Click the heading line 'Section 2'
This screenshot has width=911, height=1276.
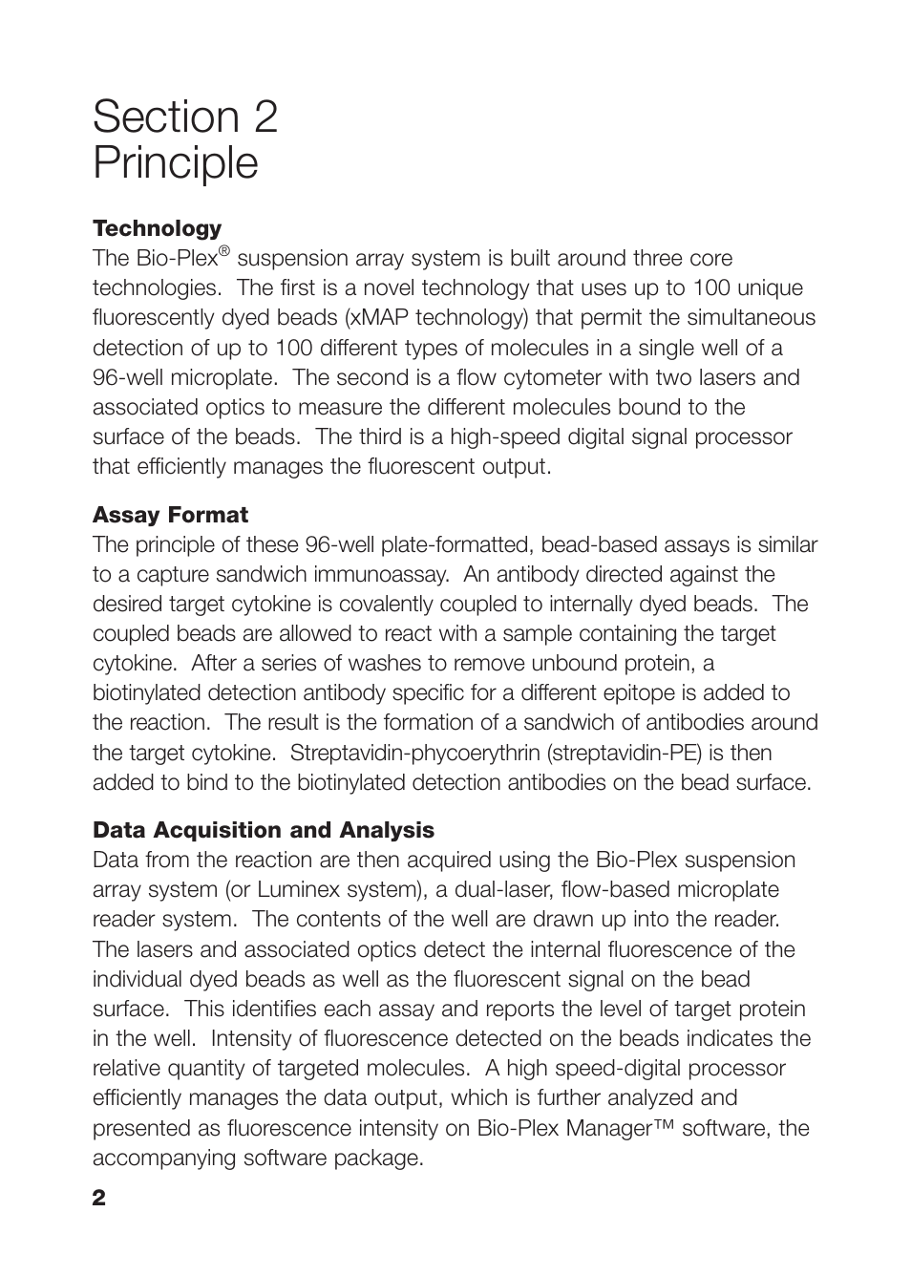(x=185, y=117)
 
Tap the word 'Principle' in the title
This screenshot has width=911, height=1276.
(x=176, y=162)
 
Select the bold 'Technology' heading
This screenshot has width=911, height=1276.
(x=157, y=228)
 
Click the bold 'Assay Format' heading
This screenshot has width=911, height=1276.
(x=170, y=515)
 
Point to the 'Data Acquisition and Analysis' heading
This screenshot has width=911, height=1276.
(x=263, y=830)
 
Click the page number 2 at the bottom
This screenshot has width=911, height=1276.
(x=99, y=1199)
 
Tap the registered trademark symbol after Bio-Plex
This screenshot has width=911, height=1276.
(x=224, y=252)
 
